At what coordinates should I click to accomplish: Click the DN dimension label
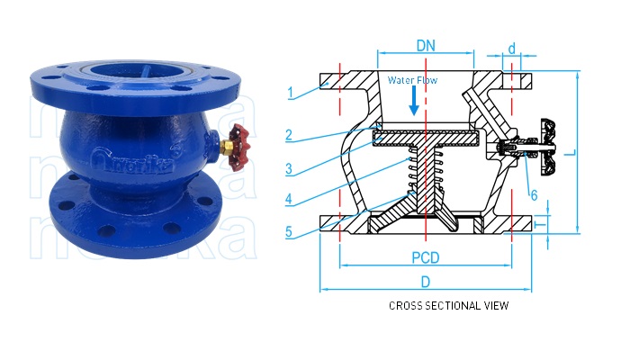pyautogui.click(x=426, y=43)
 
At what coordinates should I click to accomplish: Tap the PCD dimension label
pyautogui.click(x=426, y=257)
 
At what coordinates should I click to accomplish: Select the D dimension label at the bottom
pyautogui.click(x=426, y=282)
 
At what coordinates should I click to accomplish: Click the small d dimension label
pyautogui.click(x=511, y=48)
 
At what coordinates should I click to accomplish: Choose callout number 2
pyautogui.click(x=290, y=135)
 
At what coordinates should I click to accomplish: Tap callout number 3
pyautogui.click(x=290, y=168)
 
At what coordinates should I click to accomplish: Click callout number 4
pyautogui.click(x=290, y=200)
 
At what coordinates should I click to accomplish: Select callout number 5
pyautogui.click(x=290, y=231)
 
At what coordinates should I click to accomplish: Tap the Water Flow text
pyautogui.click(x=412, y=80)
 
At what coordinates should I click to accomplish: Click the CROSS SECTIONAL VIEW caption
pyautogui.click(x=448, y=306)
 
